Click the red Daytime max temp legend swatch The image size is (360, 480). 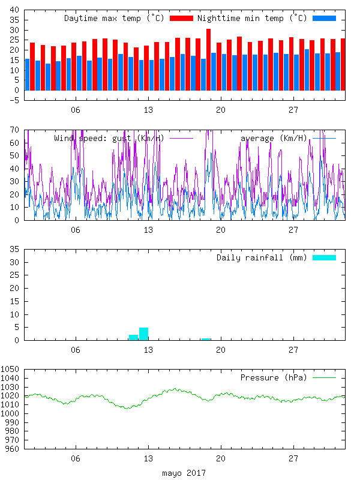point(182,19)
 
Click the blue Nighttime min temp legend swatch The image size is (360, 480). point(324,19)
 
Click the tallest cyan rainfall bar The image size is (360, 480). point(143,334)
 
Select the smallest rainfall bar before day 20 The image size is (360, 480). point(206,339)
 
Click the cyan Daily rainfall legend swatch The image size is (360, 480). point(324,257)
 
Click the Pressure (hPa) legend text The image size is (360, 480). point(273,377)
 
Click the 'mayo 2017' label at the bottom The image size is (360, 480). point(184,473)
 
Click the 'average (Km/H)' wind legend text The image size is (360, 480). point(273,139)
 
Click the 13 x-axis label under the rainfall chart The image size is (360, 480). point(148,350)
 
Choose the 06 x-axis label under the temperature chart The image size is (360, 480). point(75,110)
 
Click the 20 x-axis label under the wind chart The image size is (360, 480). point(221,230)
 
